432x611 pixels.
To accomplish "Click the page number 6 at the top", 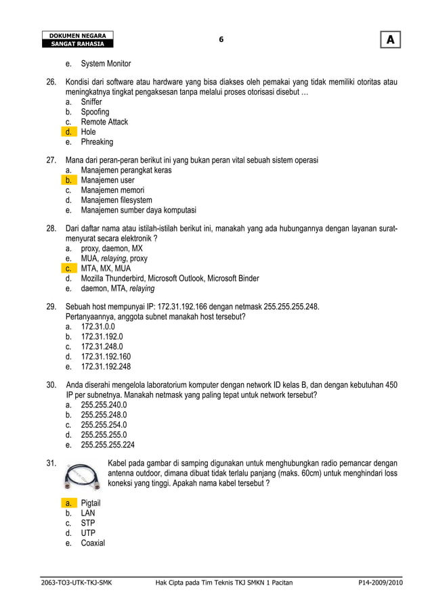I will (x=220, y=40).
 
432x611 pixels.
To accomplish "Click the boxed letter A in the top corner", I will (x=390, y=41).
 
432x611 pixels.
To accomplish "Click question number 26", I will (x=51, y=82).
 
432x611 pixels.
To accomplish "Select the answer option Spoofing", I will (x=95, y=112).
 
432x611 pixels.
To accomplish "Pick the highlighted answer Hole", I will (x=88, y=132).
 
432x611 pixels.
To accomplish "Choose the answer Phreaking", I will (x=97, y=142).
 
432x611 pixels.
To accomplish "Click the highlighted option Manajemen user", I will (x=107, y=181).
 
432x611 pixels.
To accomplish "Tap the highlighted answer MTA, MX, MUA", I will (x=106, y=268).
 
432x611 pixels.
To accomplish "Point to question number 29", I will (x=51, y=307).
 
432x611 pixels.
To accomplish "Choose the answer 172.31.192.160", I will (x=106, y=356).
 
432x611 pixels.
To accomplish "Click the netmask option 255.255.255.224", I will (x=108, y=445).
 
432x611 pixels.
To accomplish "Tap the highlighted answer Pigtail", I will (x=91, y=503).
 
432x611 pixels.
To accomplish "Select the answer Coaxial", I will (x=93, y=543).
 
